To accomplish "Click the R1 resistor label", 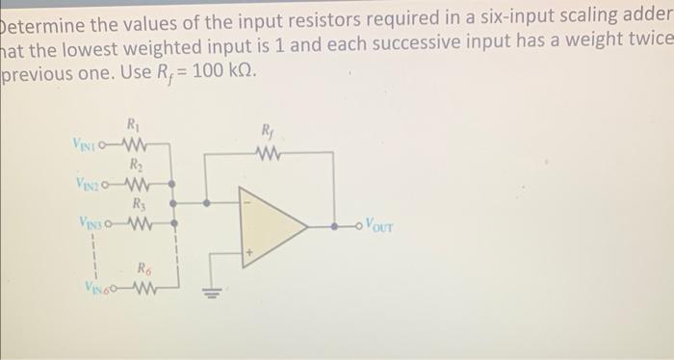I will [132, 122].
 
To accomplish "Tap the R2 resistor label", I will [134, 164].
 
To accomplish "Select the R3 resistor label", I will [134, 203].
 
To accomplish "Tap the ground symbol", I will [210, 294].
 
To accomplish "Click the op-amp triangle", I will [270, 227].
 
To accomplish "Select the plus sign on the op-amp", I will [247, 253].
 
